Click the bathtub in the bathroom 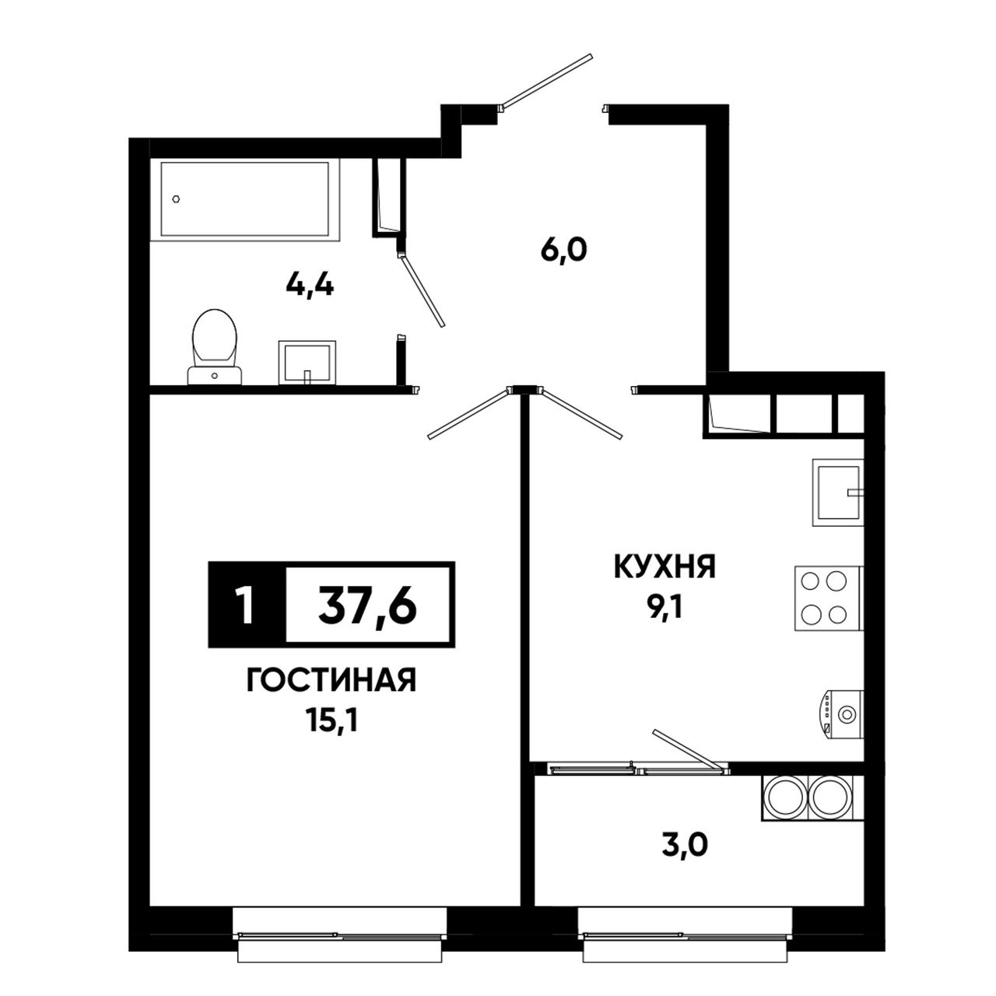[x=245, y=199]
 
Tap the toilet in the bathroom [x=215, y=347]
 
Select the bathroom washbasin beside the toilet [x=307, y=363]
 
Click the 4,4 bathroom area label [x=310, y=285]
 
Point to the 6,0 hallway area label [x=564, y=251]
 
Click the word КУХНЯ [x=665, y=567]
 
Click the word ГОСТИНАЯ [x=331, y=680]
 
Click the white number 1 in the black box [x=246, y=605]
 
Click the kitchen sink [x=838, y=493]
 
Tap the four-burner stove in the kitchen [x=829, y=598]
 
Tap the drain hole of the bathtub [x=177, y=198]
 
